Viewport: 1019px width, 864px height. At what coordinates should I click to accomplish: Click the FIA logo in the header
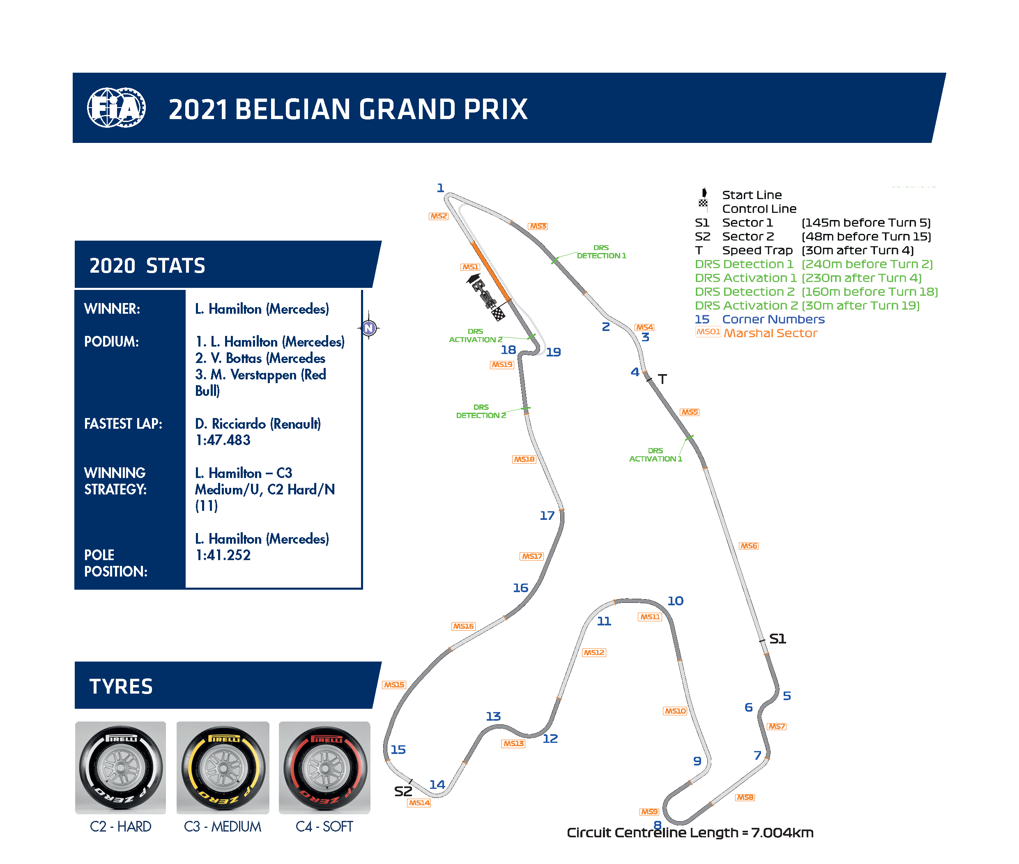[x=116, y=108]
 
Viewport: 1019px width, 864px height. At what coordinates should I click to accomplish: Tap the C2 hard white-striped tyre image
[x=120, y=767]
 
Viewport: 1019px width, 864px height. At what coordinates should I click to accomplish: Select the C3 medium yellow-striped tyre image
[x=223, y=767]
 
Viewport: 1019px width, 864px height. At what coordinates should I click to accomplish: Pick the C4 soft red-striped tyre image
[x=324, y=767]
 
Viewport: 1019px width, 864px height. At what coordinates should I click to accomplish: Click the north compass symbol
[x=369, y=328]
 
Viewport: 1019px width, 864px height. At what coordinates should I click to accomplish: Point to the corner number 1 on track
[x=440, y=188]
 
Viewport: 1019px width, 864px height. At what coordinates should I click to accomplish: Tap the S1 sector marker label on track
[x=777, y=639]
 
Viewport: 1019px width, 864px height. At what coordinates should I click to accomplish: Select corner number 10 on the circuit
[x=675, y=601]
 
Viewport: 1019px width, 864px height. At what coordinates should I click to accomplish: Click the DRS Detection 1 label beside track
[x=601, y=252]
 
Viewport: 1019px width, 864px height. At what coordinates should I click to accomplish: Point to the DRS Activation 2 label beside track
[x=475, y=335]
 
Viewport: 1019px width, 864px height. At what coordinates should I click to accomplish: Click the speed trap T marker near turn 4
[x=662, y=379]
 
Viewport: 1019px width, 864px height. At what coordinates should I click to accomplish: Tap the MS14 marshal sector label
[x=419, y=803]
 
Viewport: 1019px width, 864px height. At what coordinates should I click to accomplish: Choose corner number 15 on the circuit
[x=398, y=750]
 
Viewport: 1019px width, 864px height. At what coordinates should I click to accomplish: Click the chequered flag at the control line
[x=498, y=313]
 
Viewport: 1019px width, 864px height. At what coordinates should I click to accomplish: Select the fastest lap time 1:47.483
[x=223, y=440]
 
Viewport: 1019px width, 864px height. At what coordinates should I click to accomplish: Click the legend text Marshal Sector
[x=770, y=333]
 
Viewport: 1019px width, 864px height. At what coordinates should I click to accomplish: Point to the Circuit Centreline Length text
[x=690, y=833]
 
